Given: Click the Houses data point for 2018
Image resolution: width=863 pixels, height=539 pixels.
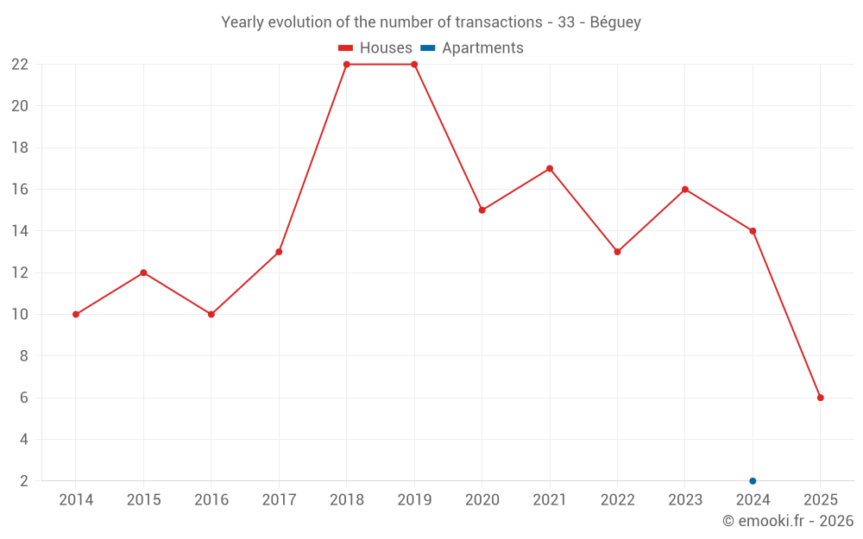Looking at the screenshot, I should tap(347, 65).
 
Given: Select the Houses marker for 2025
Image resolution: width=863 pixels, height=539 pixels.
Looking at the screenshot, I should tap(821, 398).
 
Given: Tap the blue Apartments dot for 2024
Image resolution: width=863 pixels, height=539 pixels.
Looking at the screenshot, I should tap(753, 480).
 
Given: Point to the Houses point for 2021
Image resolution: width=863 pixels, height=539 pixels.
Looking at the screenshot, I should tap(550, 168).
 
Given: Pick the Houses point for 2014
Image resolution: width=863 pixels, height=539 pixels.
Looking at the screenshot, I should tap(76, 314).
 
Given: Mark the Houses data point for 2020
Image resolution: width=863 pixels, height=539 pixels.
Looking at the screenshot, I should tap(482, 210).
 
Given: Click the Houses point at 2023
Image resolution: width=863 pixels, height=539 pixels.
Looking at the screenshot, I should tap(685, 190).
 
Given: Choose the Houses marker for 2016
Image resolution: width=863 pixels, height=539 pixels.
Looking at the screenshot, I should tap(211, 314).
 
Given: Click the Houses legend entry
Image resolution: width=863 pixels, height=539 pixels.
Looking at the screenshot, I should tap(375, 48).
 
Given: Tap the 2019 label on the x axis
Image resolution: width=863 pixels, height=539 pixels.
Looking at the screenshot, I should tap(414, 500).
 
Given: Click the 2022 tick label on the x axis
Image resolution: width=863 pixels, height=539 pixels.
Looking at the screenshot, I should tap(617, 500).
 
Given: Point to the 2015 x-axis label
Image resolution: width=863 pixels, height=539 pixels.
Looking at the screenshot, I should tap(143, 500).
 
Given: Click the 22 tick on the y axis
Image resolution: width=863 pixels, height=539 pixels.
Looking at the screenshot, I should tap(20, 65).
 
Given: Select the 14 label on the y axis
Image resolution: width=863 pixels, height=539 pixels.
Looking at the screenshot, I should tap(20, 231).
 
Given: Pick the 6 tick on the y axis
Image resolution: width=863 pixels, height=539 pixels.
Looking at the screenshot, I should tap(24, 398).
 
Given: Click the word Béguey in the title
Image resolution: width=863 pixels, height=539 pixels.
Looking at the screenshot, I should tap(615, 22).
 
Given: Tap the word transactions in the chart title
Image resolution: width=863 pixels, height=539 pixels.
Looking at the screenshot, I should tap(494, 22).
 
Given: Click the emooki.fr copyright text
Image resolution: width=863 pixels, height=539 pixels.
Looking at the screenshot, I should tap(787, 521).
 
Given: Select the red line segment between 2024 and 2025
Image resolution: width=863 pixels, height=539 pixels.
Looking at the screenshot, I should tap(787, 314).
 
